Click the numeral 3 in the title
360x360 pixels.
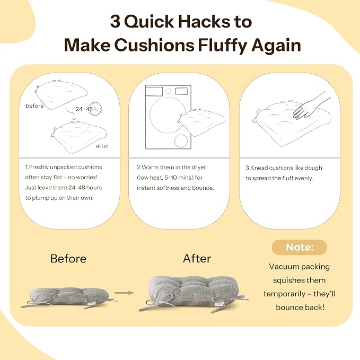115,22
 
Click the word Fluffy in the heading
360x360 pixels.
223,46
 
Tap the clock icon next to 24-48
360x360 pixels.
95,109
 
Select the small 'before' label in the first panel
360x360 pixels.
34,106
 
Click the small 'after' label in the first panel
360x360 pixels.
102,146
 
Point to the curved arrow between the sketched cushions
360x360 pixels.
71,114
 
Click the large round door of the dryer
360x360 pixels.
168,115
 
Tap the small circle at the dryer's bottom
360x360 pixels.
181,141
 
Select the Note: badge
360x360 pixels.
300,247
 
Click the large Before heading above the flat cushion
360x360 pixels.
68,259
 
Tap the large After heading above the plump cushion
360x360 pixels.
197,259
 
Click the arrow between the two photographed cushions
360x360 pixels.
124,293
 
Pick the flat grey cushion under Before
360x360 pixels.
68,297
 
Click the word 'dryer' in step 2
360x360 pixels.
199,168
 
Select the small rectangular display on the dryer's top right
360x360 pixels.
181,91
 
